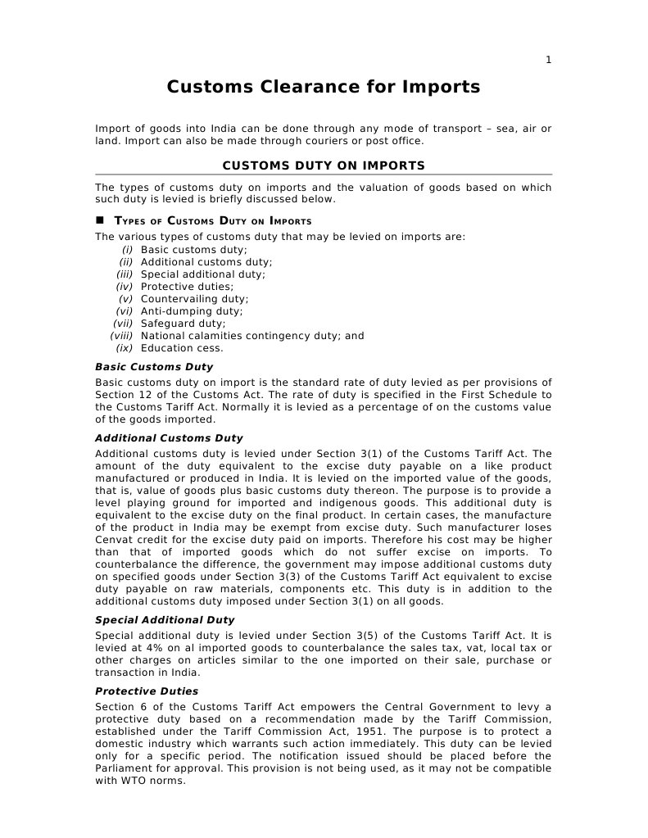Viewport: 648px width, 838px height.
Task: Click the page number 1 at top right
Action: point(549,59)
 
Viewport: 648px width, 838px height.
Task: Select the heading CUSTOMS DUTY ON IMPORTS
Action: point(324,165)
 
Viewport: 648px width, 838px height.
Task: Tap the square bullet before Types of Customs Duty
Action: point(101,220)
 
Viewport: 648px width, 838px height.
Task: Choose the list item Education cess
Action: point(182,348)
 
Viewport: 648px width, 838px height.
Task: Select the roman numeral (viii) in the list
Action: point(121,336)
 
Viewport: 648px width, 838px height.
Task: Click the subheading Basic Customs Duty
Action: point(154,367)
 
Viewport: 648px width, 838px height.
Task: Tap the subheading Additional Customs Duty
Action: point(169,438)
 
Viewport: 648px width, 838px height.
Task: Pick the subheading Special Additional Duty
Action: point(165,620)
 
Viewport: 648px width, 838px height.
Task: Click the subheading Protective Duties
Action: point(147,691)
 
